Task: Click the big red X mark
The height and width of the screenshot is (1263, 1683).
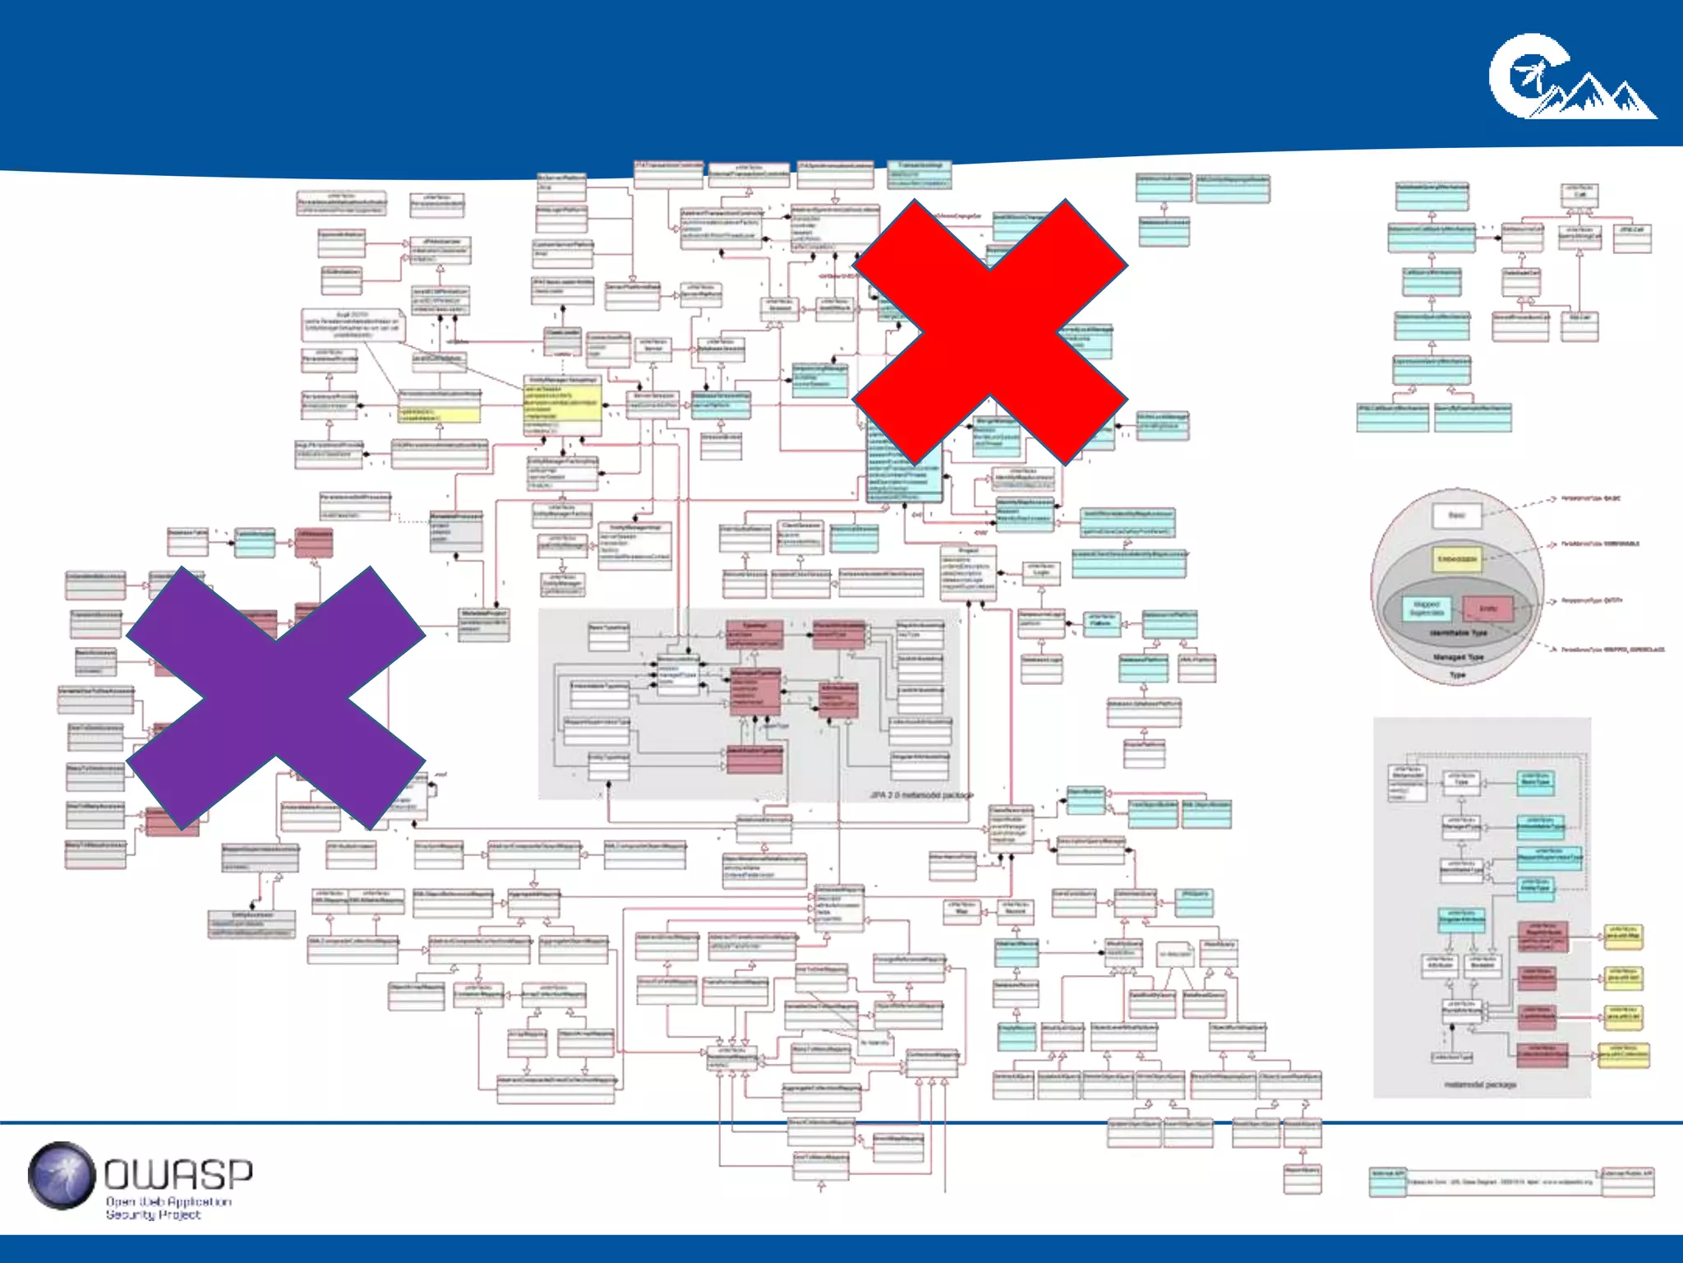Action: (990, 331)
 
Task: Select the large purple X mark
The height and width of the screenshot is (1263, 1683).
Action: (275, 697)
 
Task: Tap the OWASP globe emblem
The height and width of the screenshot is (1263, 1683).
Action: (62, 1176)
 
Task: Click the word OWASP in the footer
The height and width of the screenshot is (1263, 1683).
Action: (178, 1174)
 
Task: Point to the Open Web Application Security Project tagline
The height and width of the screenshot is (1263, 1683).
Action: (168, 1208)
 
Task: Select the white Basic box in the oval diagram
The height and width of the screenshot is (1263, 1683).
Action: (1456, 516)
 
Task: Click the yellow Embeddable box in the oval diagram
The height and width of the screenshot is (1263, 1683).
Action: (1456, 560)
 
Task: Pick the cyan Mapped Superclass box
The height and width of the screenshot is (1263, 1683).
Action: (1427, 609)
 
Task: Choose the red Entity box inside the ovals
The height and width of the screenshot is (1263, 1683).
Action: (1488, 609)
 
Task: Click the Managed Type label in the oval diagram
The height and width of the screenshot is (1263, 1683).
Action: (1457, 657)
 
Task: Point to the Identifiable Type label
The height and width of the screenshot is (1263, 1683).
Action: (1457, 633)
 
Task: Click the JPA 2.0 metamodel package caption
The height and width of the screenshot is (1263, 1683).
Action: (921, 795)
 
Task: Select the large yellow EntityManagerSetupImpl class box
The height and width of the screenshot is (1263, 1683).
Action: (563, 407)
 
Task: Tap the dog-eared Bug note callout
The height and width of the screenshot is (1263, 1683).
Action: (353, 325)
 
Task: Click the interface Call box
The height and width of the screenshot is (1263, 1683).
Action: (1579, 196)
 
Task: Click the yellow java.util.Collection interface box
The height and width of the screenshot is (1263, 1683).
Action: (1623, 1054)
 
